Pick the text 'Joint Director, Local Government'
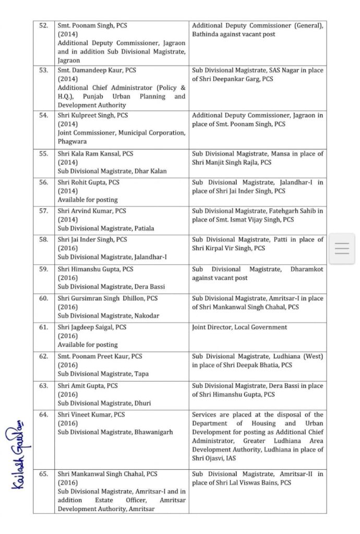click(x=239, y=327)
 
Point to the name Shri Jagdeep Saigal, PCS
click(x=92, y=327)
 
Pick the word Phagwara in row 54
click(x=73, y=141)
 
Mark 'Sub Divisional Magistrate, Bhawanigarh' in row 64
click(x=115, y=432)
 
